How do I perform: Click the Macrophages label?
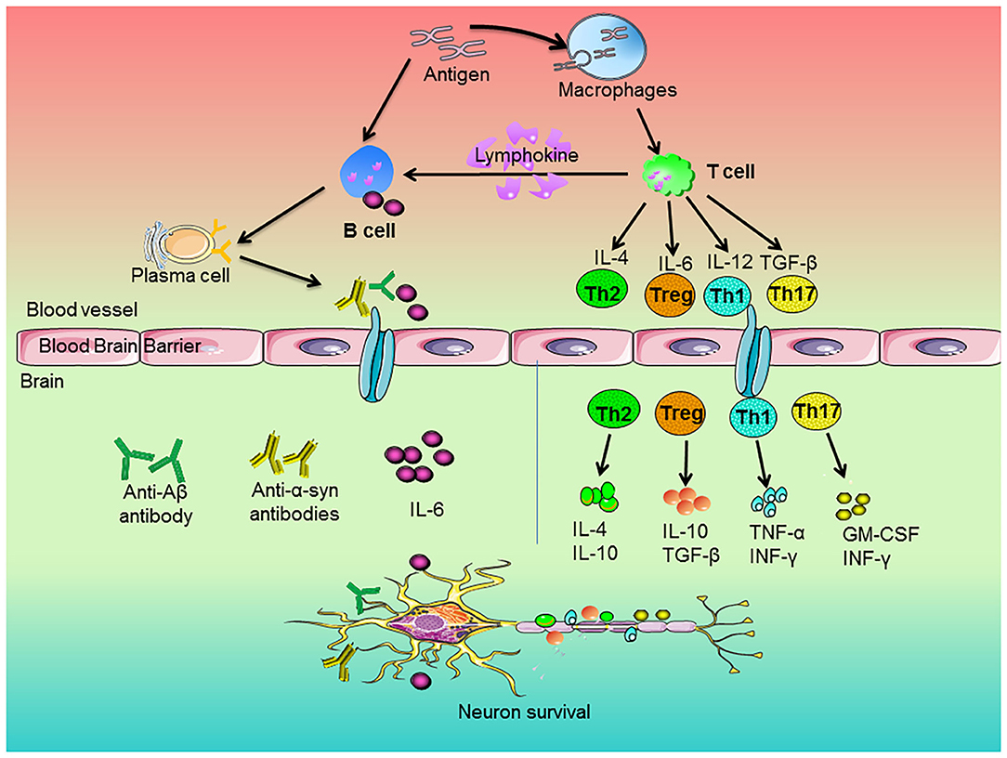(617, 90)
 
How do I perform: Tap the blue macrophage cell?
(608, 46)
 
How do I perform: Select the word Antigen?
(457, 74)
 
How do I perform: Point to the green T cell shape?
(669, 174)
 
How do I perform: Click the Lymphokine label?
(527, 155)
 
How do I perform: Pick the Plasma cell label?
(180, 276)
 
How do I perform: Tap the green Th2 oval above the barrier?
(602, 294)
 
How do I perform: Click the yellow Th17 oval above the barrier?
(792, 294)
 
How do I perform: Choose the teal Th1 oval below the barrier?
(753, 417)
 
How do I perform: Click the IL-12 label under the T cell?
(729, 261)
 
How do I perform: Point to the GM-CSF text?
(881, 534)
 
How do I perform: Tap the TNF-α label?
(777, 532)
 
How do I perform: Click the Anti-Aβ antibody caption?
(155, 504)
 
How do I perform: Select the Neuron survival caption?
(524, 712)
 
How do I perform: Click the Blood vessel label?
(82, 309)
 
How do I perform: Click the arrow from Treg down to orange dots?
(686, 462)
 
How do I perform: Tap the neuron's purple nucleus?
(425, 622)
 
